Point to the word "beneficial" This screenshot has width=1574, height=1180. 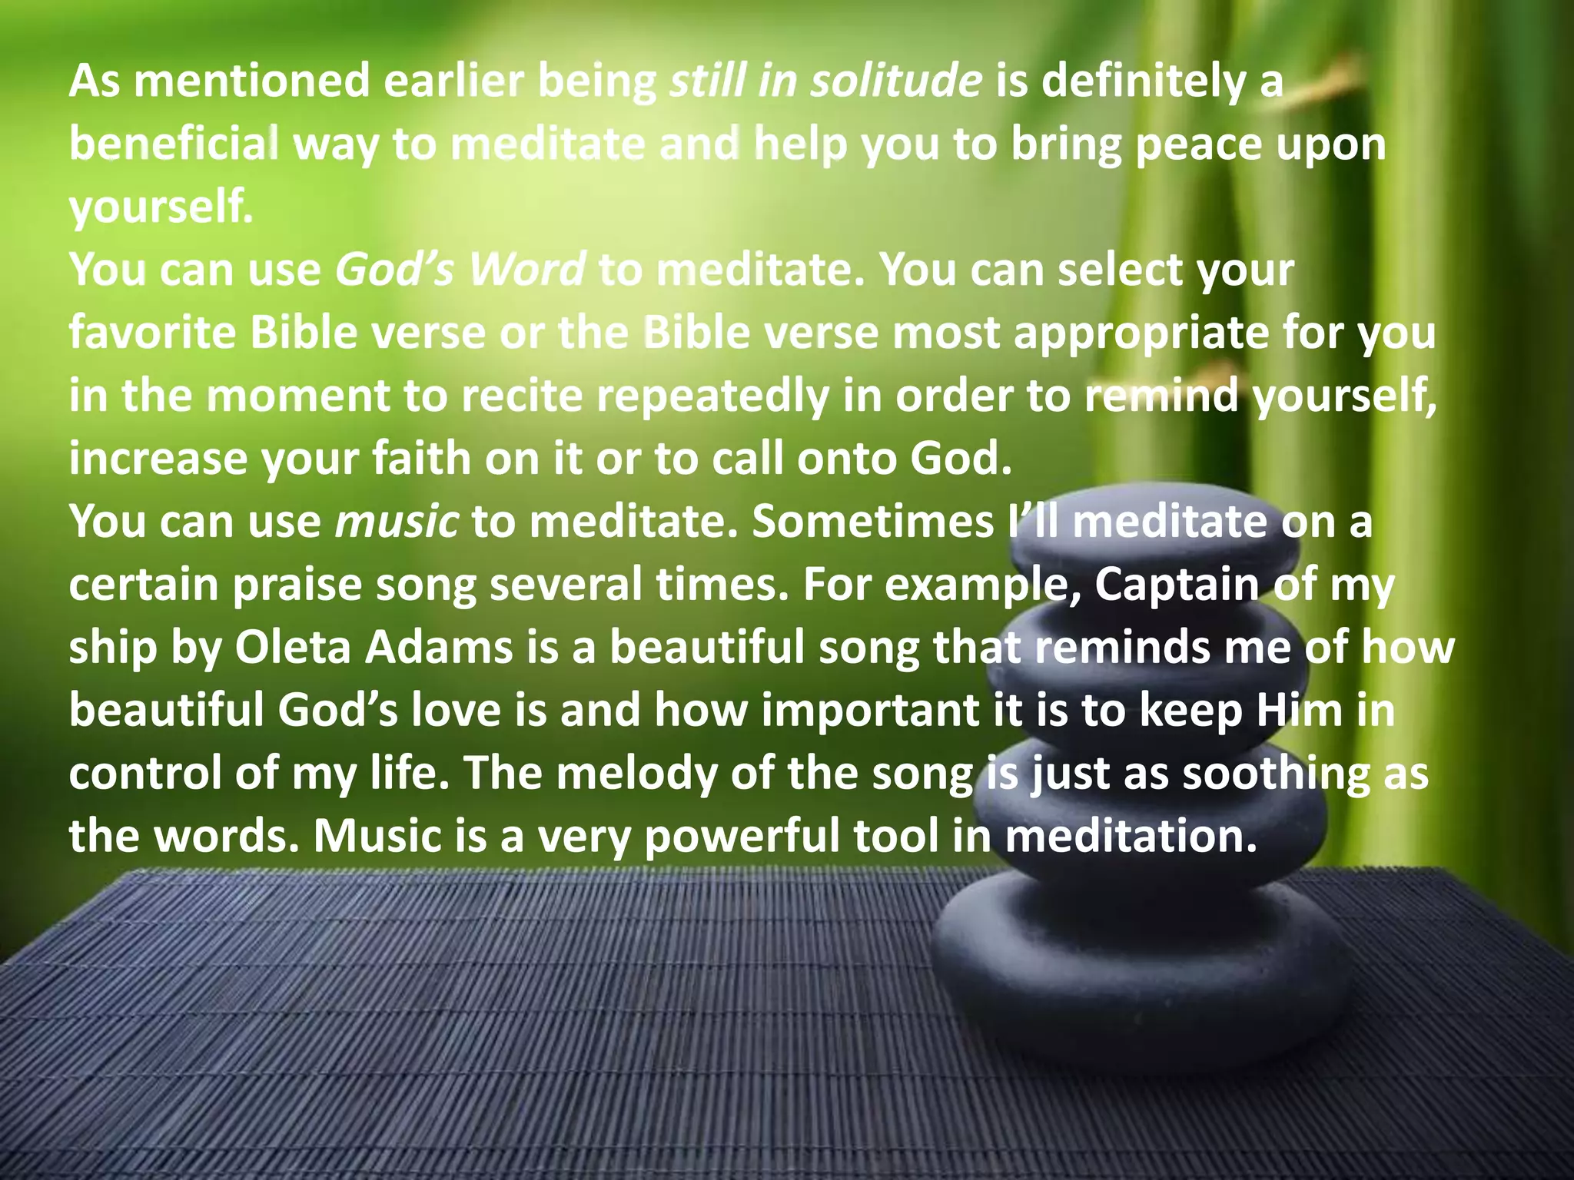pos(173,144)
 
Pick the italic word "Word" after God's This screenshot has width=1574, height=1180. pos(527,270)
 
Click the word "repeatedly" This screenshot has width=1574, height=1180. pos(712,396)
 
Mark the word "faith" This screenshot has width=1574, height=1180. pos(421,459)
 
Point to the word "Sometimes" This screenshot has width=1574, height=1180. pos(873,522)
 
